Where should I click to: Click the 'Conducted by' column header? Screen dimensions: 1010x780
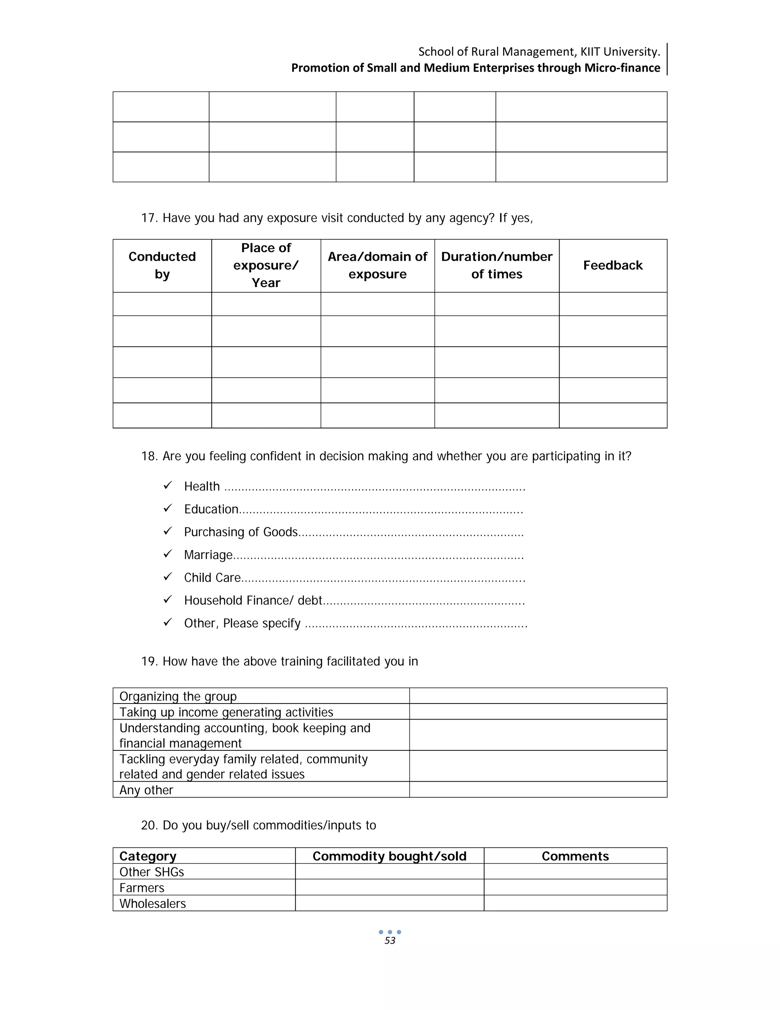[162, 265]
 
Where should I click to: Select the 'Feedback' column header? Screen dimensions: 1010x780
[613, 265]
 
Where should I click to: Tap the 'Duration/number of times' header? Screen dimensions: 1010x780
[497, 265]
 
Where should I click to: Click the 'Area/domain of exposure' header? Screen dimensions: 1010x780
[377, 265]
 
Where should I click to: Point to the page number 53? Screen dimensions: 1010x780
[390, 941]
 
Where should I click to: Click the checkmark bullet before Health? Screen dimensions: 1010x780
[168, 485]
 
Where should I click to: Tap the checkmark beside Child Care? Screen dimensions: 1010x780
[168, 576]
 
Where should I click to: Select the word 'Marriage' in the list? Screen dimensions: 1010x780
[208, 555]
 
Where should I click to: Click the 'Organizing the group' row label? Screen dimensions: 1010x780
[178, 696]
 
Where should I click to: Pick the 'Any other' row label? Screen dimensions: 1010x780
[146, 790]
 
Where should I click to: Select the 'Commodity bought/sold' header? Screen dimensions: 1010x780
[390, 856]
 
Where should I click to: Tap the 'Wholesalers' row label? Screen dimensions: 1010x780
[152, 903]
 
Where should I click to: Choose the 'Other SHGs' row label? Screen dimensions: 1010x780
[152, 872]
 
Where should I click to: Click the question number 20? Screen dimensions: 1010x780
[149, 825]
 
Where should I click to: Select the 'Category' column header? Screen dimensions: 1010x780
[148, 856]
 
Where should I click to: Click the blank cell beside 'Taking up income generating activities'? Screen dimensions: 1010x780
[538, 712]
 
